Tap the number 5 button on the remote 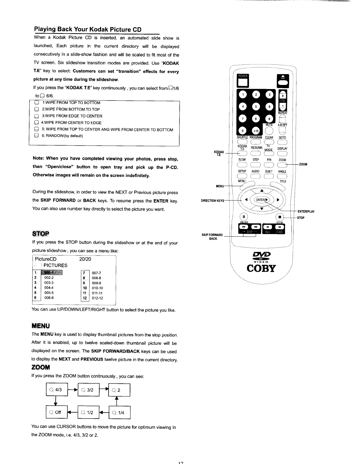pyautogui.click(x=256, y=107)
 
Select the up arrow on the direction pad pyautogui.click(x=262, y=191)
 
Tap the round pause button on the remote pyautogui.click(x=244, y=217)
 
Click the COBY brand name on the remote pyautogui.click(x=261, y=268)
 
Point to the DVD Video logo pyautogui.click(x=261, y=255)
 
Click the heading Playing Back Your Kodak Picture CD pyautogui.click(x=88, y=29)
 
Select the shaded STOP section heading pyautogui.click(x=41, y=233)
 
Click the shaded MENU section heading pyautogui.click(x=41, y=326)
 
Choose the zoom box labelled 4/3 pyautogui.click(x=57, y=390)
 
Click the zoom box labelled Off pyautogui.click(x=57, y=412)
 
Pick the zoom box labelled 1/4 pyautogui.click(x=119, y=413)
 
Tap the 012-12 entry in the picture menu pyautogui.click(x=97, y=298)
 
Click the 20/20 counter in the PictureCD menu pyautogui.click(x=85, y=259)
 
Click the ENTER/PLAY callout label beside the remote pyautogui.click(x=306, y=211)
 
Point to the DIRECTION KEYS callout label pyautogui.click(x=212, y=201)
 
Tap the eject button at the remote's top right pyautogui.click(x=283, y=80)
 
